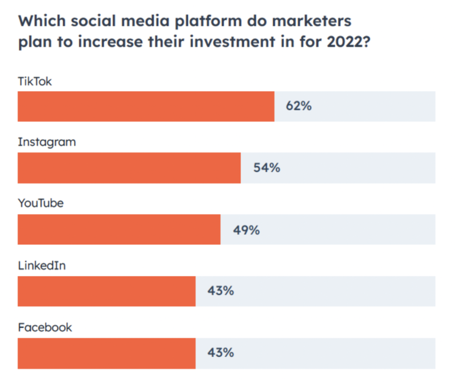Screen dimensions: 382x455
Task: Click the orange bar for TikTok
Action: click(146, 107)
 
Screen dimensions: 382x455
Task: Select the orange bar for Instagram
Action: click(129, 168)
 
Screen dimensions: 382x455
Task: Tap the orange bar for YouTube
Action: click(119, 229)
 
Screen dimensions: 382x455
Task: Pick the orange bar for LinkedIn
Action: click(106, 291)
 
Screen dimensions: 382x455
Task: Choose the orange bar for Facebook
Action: click(106, 353)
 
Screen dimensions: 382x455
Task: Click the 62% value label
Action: click(299, 107)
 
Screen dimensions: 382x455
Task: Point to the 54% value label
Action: click(267, 168)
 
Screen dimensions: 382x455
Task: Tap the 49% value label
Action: click(246, 230)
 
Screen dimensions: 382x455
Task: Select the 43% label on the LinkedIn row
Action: click(220, 291)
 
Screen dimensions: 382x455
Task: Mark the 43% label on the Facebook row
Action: click(220, 353)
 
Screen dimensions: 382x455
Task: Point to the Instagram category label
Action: click(47, 143)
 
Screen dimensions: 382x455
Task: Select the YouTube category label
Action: click(40, 204)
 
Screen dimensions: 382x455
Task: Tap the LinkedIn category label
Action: click(42, 266)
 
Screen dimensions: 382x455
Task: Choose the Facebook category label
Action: click(45, 328)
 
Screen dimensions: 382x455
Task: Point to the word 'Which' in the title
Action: click(40, 21)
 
